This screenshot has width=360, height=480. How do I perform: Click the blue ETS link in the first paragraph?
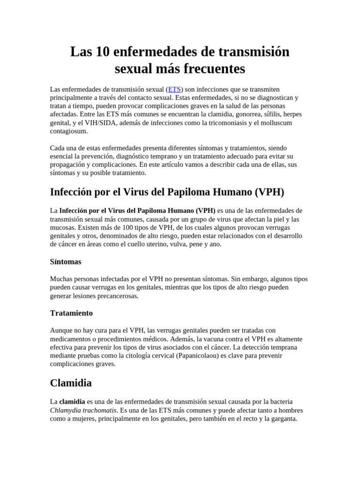point(174,89)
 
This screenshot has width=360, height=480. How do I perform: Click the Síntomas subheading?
point(66,261)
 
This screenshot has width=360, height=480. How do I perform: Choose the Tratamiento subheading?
point(71,313)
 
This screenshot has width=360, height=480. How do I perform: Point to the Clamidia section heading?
point(71,382)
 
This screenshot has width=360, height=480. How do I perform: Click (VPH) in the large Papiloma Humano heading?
point(269,192)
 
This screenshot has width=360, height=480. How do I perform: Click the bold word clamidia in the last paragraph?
point(72,402)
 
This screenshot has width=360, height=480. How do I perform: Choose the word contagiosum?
point(68,131)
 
